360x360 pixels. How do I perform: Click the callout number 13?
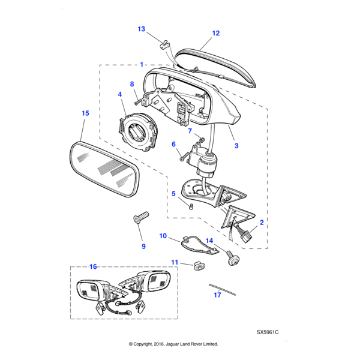[141, 29]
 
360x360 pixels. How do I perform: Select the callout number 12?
[216, 34]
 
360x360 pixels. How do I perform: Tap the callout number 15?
[85, 113]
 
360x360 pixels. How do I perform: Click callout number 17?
[218, 295]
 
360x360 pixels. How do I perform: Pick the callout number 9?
[143, 246]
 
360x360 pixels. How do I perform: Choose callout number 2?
[262, 222]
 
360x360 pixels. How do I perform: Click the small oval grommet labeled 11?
[197, 266]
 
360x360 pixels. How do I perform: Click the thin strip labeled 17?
[222, 289]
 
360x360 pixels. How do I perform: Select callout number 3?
[236, 146]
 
